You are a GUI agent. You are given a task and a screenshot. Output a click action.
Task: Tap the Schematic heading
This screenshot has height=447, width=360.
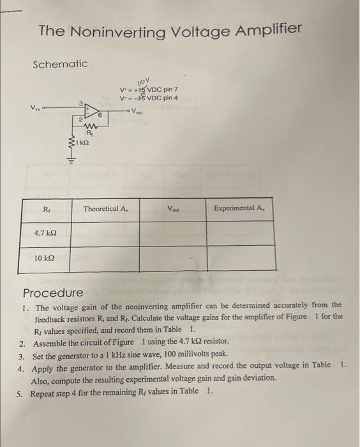point(60,64)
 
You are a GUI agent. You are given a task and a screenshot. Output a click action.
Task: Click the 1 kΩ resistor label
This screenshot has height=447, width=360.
point(81,145)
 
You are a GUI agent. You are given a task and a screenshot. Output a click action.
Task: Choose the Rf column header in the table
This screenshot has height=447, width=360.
point(47,208)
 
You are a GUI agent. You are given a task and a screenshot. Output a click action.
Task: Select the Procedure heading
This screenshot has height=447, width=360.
point(53,293)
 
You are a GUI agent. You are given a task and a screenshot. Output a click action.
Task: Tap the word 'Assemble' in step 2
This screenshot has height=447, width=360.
point(50,342)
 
